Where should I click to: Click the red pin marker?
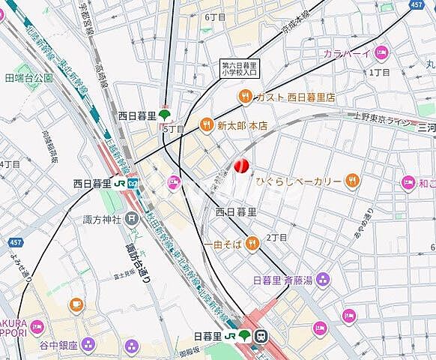(241, 166)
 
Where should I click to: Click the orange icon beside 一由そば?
(254, 242)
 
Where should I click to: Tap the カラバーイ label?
(348, 52)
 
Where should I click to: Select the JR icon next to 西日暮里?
(132, 182)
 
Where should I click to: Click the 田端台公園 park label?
(28, 77)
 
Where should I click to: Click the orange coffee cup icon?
(76, 304)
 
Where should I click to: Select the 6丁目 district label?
(215, 16)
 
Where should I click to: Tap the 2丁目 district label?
(278, 238)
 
